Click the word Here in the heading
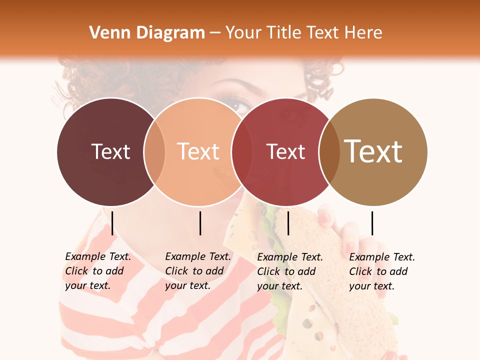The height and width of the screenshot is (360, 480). (x=364, y=33)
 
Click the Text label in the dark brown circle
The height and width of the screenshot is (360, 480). (x=111, y=151)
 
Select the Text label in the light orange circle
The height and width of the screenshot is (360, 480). (x=198, y=151)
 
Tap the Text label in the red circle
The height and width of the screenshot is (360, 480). (x=286, y=151)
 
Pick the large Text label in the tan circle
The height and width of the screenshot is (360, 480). (x=373, y=151)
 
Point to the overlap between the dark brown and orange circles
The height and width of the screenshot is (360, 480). (x=154, y=151)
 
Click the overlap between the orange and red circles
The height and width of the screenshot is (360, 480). (x=242, y=151)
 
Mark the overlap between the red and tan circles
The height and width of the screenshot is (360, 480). (x=329, y=151)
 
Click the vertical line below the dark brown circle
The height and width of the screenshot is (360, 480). (x=112, y=223)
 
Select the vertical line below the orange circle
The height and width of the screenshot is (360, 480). (x=200, y=223)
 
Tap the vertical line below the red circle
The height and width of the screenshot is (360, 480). (x=288, y=223)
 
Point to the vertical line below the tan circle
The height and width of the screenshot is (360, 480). (x=372, y=223)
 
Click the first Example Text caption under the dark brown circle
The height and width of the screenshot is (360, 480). (x=98, y=271)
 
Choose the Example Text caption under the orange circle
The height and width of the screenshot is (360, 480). (x=198, y=271)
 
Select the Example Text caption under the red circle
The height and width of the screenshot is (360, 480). (x=290, y=271)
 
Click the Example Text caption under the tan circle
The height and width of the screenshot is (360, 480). (x=382, y=271)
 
